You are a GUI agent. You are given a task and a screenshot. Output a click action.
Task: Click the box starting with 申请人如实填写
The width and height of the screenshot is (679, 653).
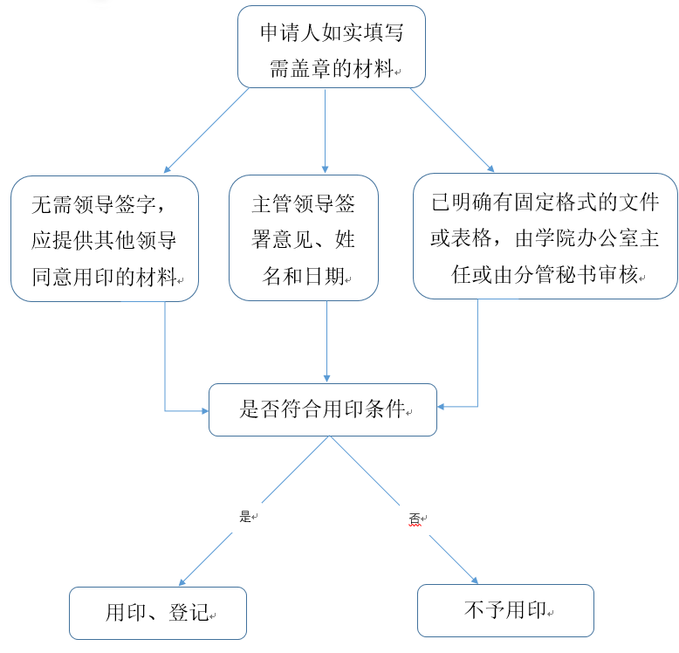point(331,46)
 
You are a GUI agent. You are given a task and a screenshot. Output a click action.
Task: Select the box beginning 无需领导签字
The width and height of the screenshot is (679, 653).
point(105,238)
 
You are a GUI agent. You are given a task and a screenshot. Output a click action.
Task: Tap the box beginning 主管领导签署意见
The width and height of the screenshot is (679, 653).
point(303,238)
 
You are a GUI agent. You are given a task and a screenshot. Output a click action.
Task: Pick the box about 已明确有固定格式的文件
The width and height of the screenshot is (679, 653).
point(545,236)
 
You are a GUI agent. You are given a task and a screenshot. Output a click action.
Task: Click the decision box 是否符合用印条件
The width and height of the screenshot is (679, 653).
point(322,409)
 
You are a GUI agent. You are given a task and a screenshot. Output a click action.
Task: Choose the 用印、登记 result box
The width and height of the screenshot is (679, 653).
point(157,612)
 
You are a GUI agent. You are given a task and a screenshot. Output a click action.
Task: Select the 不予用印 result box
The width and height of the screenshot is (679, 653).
point(505,609)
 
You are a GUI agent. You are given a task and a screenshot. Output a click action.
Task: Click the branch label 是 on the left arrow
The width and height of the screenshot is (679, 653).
point(245,516)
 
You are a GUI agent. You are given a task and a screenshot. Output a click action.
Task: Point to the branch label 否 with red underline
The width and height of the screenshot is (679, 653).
point(415,519)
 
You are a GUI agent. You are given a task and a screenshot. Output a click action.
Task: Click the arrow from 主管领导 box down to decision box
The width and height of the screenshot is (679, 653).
point(326,340)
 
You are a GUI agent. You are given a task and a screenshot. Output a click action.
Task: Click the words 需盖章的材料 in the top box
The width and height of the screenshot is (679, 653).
point(331,70)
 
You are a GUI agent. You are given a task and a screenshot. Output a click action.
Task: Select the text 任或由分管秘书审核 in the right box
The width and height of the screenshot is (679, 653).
point(545,277)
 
